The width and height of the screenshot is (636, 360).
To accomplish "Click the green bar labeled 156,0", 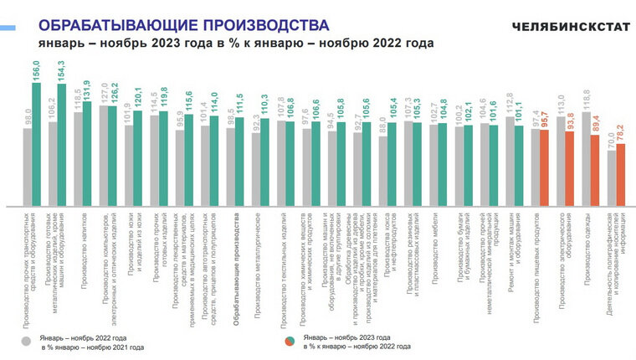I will [x=37, y=142].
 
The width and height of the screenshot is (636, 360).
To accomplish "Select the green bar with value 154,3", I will [x=62, y=144].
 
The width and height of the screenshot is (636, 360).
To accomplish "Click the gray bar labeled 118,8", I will [x=586, y=158].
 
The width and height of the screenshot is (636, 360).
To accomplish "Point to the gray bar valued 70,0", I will [x=611, y=177].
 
